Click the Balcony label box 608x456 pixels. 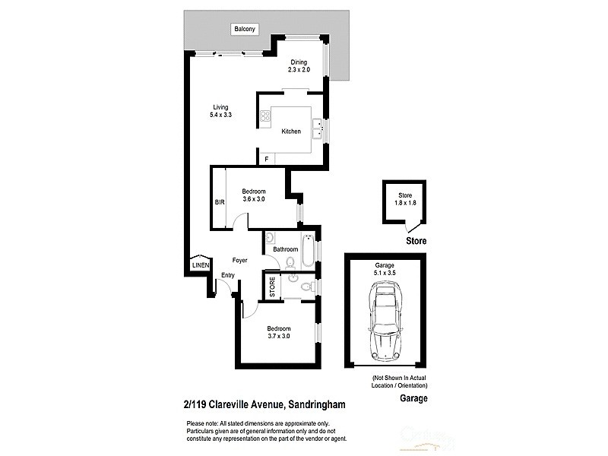245,29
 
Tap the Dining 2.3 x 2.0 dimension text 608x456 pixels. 299,69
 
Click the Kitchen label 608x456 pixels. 291,131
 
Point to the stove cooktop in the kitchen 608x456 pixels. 266,116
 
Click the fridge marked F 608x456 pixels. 266,159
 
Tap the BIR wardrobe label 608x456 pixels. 219,203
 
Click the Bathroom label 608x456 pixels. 286,249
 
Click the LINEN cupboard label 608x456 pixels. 199,265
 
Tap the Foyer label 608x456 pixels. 240,261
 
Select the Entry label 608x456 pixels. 228,275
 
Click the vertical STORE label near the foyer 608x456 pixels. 271,287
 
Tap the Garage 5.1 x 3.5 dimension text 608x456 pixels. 384,266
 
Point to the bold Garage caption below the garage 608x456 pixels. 413,398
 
